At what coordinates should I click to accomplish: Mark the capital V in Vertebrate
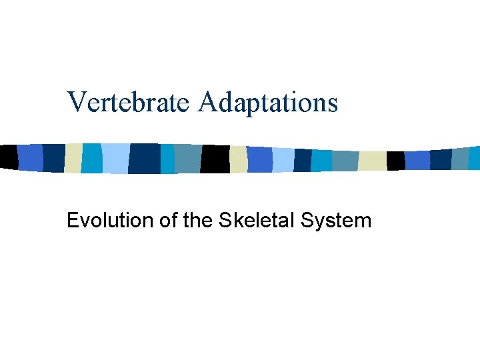77,102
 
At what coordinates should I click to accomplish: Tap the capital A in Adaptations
207,102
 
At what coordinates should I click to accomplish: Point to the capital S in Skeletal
223,221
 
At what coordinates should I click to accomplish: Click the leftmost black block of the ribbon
9,156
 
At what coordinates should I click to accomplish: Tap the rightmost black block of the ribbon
395,161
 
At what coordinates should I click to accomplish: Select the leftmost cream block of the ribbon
73,157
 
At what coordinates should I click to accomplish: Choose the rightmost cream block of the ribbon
373,161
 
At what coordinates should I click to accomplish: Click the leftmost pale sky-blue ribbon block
115,158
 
